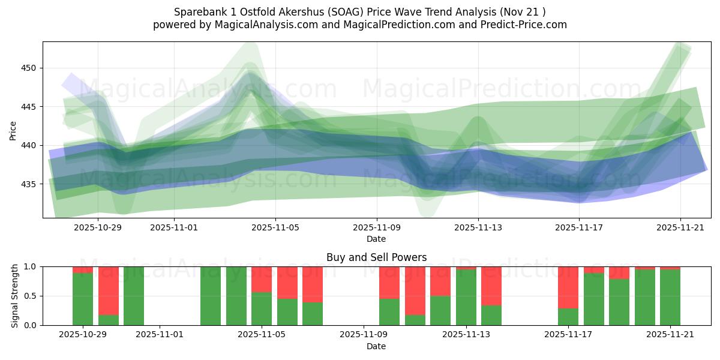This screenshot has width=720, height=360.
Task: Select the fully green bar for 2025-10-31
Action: [x=134, y=296]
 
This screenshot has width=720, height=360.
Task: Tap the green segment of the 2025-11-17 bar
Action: [x=568, y=317]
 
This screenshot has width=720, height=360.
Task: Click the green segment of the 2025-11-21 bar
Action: [x=670, y=298]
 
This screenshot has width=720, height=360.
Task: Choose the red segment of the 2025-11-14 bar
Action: [x=491, y=286]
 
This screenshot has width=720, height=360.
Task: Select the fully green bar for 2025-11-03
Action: [x=211, y=296]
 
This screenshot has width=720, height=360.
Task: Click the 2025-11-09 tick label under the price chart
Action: [x=377, y=228]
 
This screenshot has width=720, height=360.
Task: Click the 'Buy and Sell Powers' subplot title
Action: [x=376, y=257]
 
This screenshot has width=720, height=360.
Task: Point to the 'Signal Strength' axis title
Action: [x=15, y=296]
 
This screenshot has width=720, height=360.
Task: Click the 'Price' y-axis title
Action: [x=13, y=130]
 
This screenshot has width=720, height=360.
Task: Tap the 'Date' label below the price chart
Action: [x=376, y=239]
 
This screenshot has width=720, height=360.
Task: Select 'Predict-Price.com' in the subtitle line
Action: [x=526, y=25]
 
